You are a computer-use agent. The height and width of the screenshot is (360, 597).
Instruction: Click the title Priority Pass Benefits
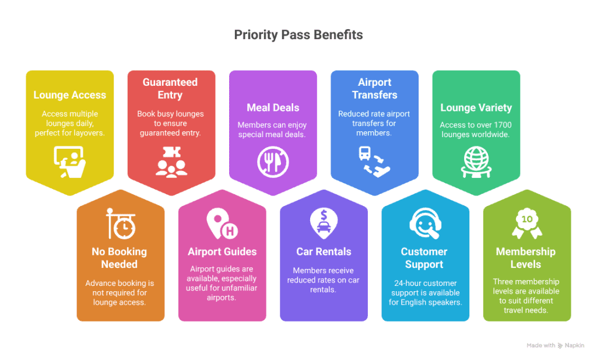tap(298, 35)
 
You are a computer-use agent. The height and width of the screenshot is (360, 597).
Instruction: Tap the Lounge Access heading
tap(70, 95)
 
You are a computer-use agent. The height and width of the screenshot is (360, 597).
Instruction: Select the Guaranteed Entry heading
tap(170, 89)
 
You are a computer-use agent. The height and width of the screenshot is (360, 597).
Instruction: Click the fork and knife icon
tap(273, 161)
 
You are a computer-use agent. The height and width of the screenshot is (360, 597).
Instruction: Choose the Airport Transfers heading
tap(374, 89)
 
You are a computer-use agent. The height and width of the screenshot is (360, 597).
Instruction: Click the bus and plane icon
tap(374, 161)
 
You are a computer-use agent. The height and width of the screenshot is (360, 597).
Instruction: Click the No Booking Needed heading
tap(120, 258)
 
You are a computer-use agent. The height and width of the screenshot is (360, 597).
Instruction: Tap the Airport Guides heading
tap(222, 252)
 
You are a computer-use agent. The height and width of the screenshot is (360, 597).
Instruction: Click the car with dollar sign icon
tap(324, 223)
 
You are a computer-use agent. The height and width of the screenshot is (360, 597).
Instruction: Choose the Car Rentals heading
tap(324, 252)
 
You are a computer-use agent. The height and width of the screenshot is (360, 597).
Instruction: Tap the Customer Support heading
tap(424, 258)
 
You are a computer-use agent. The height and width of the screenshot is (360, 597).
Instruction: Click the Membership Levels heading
tap(526, 258)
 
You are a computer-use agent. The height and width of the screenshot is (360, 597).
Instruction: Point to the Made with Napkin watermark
tap(555, 345)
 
